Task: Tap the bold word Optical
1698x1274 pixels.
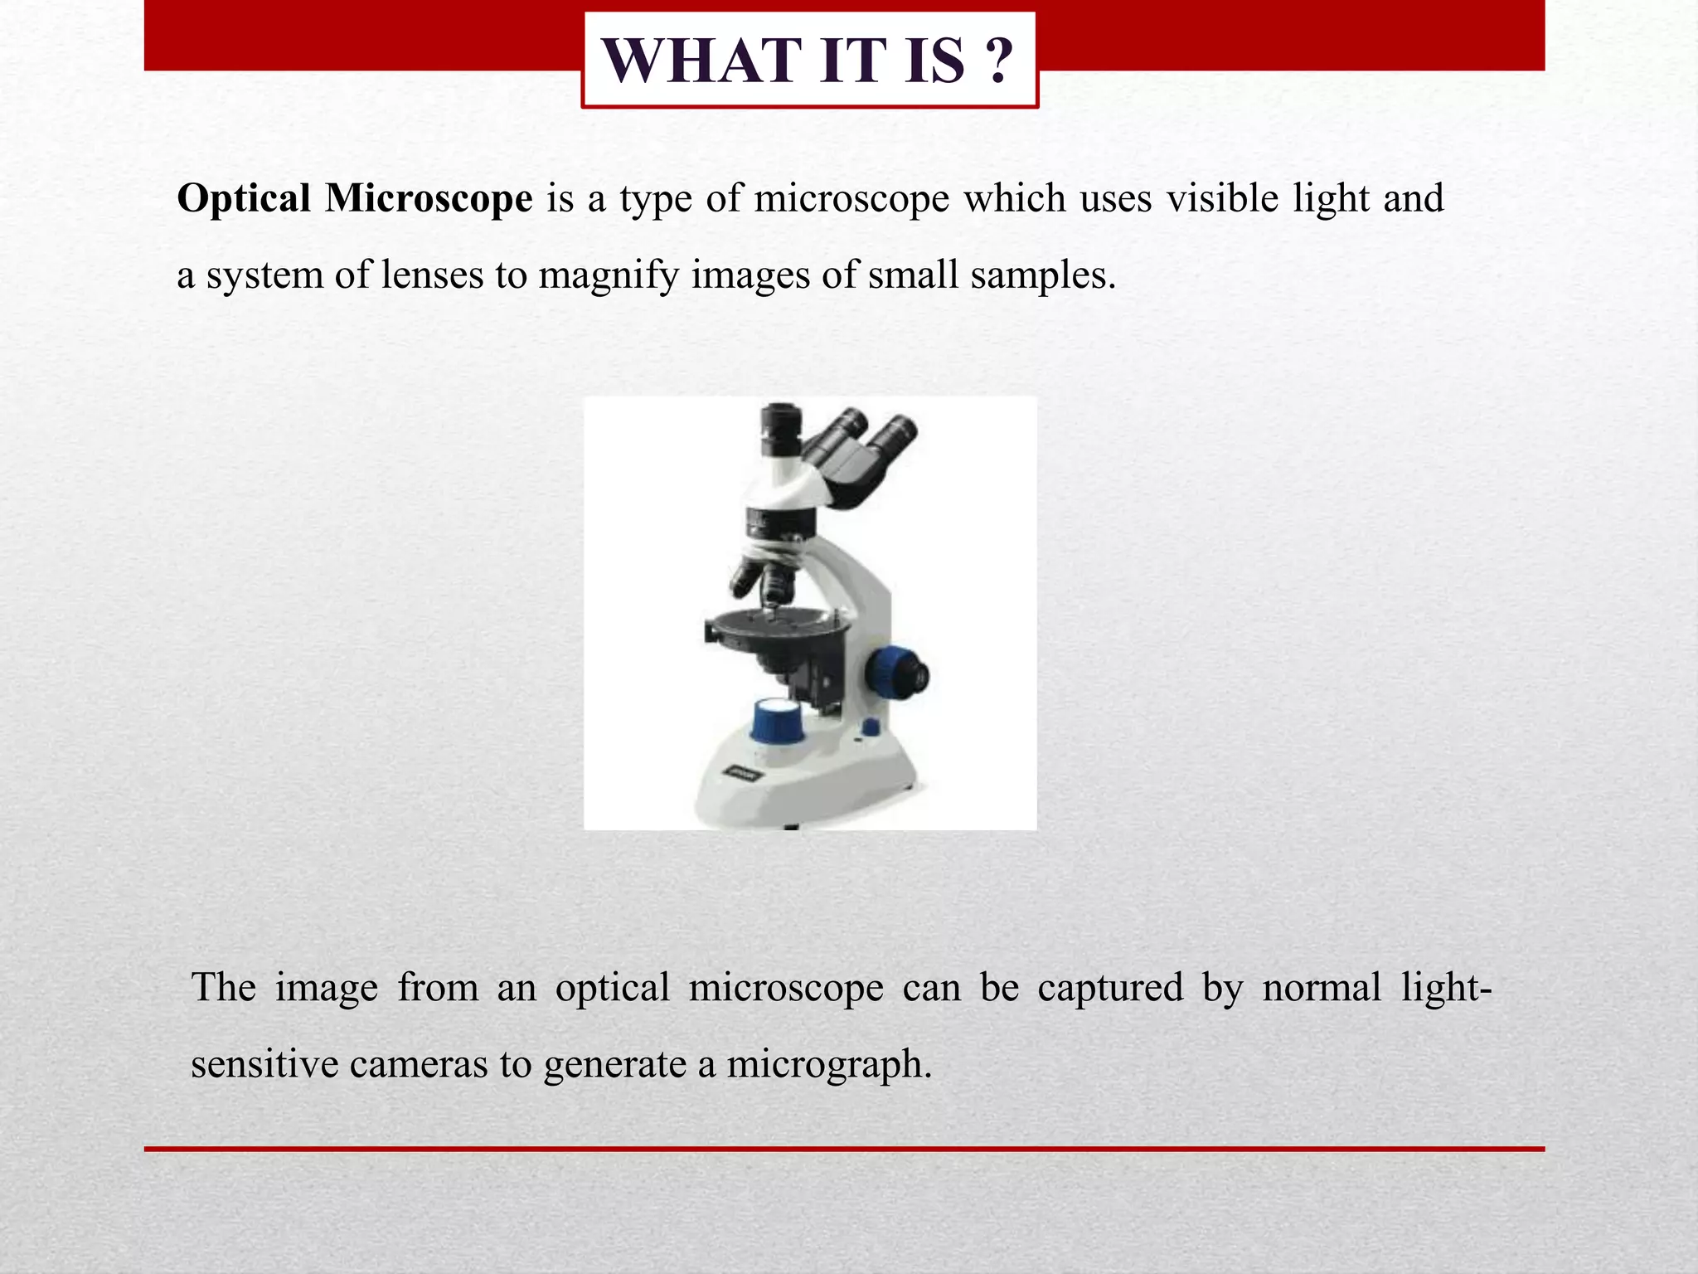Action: [244, 199]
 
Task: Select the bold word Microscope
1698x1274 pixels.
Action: [428, 199]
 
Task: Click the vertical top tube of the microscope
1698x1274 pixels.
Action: [780, 431]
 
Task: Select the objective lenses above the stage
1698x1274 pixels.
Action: [767, 581]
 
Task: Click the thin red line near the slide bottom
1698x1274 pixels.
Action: [844, 1150]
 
